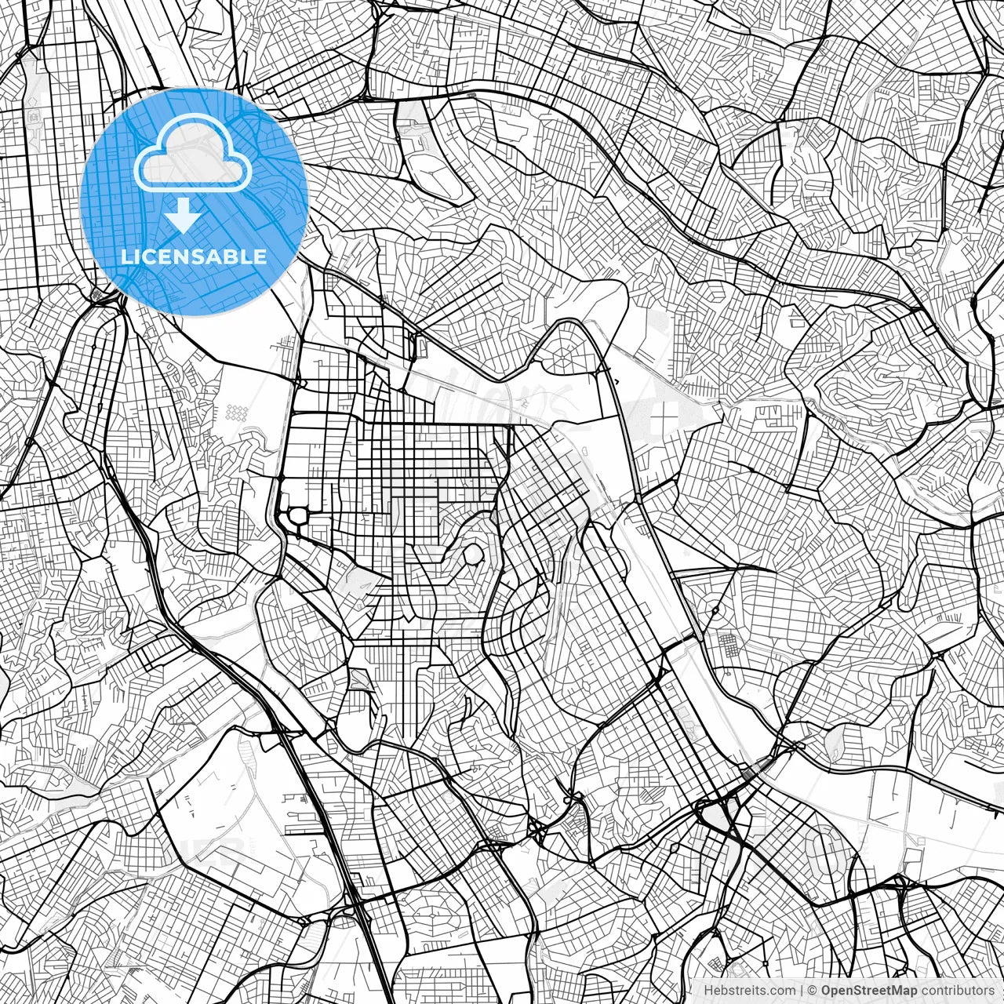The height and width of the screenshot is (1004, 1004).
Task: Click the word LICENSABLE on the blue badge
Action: pyautogui.click(x=193, y=256)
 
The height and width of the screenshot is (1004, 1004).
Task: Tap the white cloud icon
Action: pyautogui.click(x=193, y=154)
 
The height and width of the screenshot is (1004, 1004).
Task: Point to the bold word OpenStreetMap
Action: pyautogui.click(x=869, y=991)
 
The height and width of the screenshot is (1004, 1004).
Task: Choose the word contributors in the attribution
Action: pyautogui.click(x=958, y=991)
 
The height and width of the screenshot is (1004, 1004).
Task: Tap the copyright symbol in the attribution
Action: pyautogui.click(x=813, y=991)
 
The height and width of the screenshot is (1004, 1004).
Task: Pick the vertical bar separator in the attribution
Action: pyautogui.click(x=801, y=991)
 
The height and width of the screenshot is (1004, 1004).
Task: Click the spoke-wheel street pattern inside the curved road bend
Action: pyautogui.click(x=563, y=359)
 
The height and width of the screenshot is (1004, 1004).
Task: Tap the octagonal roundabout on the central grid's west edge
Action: pyautogui.click(x=299, y=515)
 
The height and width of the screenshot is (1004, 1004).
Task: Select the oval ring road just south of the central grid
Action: pyautogui.click(x=473, y=555)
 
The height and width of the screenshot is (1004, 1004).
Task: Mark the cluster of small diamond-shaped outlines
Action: pyautogui.click(x=236, y=411)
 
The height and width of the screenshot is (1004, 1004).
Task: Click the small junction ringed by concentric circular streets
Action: pyautogui.click(x=715, y=611)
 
